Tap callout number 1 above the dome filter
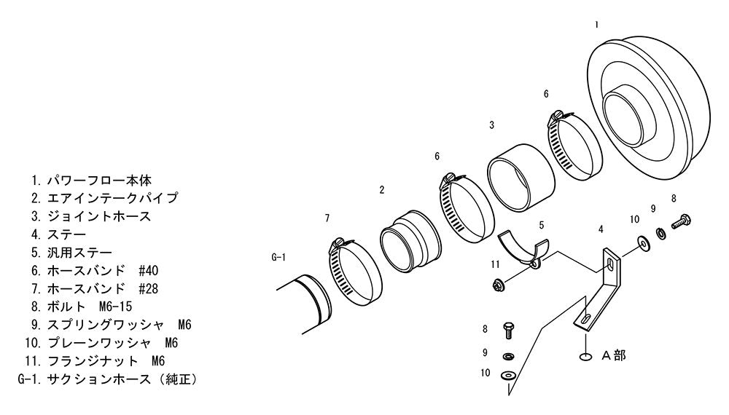pyautogui.click(x=596, y=25)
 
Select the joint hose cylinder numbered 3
pyautogui.click(x=521, y=178)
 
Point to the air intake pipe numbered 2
pyautogui.click(x=410, y=242)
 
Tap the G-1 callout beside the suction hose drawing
pyautogui.click(x=278, y=257)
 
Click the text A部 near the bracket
pyautogui.click(x=614, y=355)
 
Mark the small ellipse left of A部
pyautogui.click(x=586, y=357)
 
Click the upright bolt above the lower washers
pyautogui.click(x=507, y=330)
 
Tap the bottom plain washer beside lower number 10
pyautogui.click(x=509, y=375)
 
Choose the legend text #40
pyautogui.click(x=148, y=270)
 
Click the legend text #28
pyautogui.click(x=148, y=289)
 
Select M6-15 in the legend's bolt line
pyautogui.click(x=116, y=307)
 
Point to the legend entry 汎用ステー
pyautogui.click(x=79, y=253)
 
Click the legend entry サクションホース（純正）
pyautogui.click(x=122, y=379)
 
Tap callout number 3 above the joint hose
pyautogui.click(x=491, y=125)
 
